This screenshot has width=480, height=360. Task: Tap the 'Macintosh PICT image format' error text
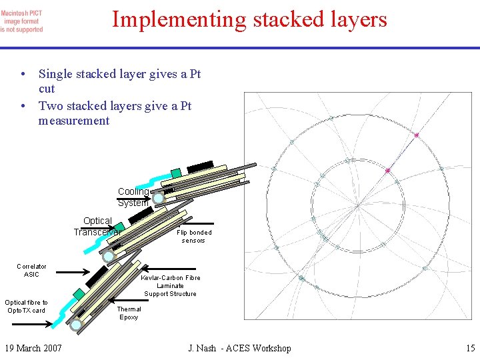pyautogui.click(x=22, y=21)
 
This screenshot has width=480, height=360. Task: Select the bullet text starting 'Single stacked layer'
pyautogui.click(x=119, y=81)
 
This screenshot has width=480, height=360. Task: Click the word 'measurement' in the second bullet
pyautogui.click(x=74, y=121)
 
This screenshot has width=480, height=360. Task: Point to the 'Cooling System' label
pyautogui.click(x=133, y=197)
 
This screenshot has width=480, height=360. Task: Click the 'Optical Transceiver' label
pyautogui.click(x=97, y=226)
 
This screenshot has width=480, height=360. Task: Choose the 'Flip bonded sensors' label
pyautogui.click(x=194, y=236)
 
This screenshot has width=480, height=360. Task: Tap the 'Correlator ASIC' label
pyautogui.click(x=31, y=270)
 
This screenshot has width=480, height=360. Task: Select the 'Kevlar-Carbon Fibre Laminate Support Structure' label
pyautogui.click(x=170, y=285)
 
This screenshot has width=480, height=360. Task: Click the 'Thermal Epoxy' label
pyautogui.click(x=129, y=313)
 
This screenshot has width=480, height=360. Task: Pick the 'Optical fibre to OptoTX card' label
pyautogui.click(x=26, y=306)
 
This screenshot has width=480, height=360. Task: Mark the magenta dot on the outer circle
pyautogui.click(x=417, y=135)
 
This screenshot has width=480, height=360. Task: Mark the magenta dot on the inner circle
pyautogui.click(x=387, y=171)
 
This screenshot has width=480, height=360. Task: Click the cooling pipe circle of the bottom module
pyautogui.click(x=77, y=325)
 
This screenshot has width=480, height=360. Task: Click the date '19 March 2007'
pyautogui.click(x=33, y=348)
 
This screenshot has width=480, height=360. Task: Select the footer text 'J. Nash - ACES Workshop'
pyautogui.click(x=239, y=348)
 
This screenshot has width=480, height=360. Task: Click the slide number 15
pyautogui.click(x=470, y=348)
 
